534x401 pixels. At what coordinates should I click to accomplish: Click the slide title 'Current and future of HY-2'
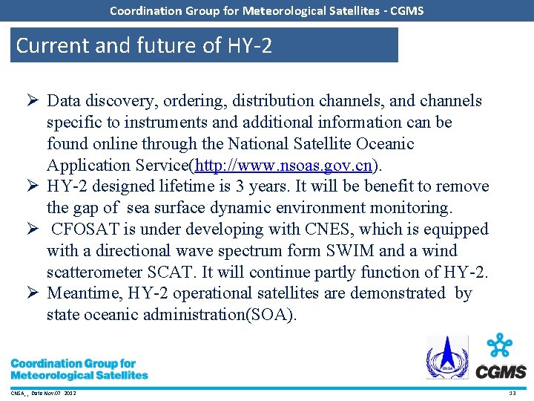(144, 45)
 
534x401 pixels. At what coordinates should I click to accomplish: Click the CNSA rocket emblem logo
(446, 357)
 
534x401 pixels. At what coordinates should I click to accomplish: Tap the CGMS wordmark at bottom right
(501, 371)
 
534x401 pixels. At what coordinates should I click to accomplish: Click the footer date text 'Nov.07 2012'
(56, 393)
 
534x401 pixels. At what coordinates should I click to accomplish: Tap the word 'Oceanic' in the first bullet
(376, 143)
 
